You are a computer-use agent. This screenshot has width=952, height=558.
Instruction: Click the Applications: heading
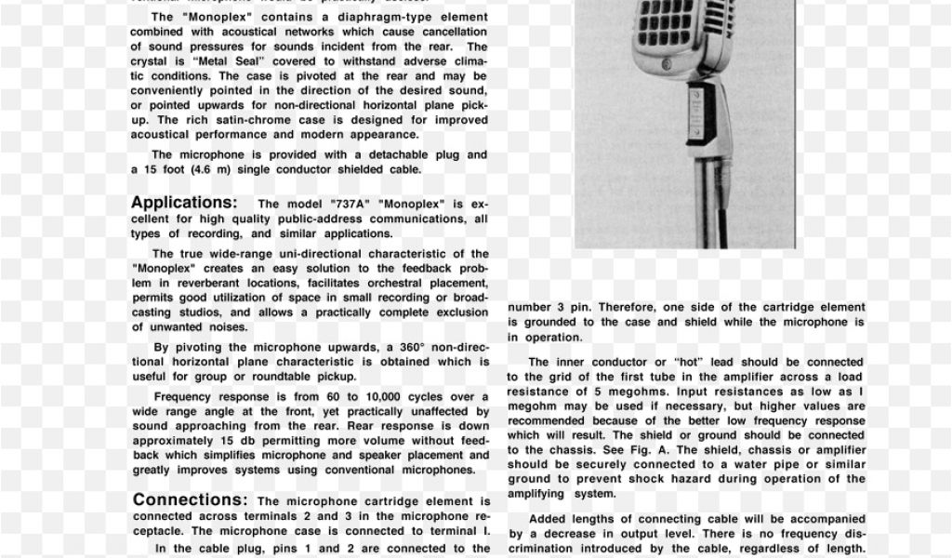pos(184,203)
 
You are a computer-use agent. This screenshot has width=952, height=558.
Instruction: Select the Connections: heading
pos(190,500)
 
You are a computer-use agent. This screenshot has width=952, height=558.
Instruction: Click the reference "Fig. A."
pos(635,450)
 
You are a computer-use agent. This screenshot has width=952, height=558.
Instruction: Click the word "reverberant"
pos(196,283)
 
